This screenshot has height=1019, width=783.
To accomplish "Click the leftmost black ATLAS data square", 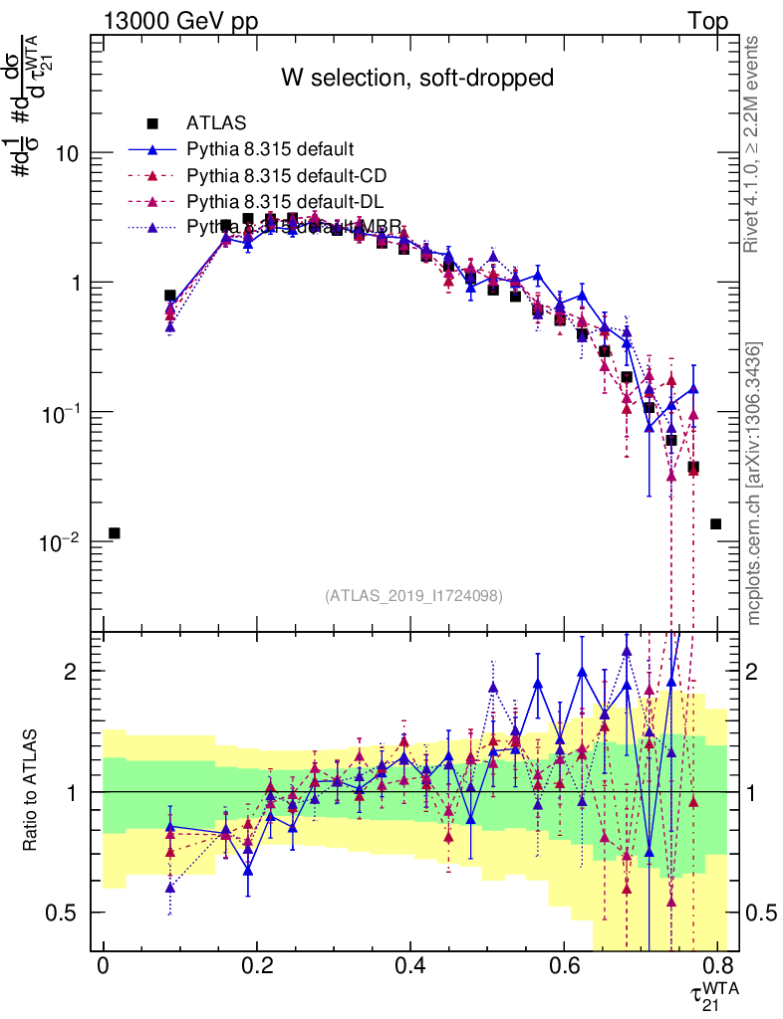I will point(115,533).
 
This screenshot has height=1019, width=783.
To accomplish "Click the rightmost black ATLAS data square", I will point(715,524).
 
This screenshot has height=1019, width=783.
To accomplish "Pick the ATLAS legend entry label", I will point(216,124).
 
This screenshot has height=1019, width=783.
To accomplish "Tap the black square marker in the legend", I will point(152,124).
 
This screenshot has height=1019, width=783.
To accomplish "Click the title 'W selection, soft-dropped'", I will point(416,78).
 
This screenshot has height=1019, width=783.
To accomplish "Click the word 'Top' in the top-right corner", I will point(707,22).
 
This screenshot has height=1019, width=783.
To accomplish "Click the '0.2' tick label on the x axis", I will point(256,965).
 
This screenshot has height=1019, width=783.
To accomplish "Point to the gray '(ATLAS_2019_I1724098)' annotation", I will point(413,596).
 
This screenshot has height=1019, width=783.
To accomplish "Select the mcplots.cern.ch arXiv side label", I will point(755,484).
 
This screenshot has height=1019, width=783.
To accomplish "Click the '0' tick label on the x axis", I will point(103,965).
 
